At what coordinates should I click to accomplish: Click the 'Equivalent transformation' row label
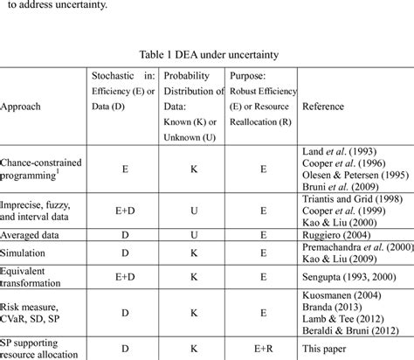click(32, 279)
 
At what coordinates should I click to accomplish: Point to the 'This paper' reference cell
click(324, 348)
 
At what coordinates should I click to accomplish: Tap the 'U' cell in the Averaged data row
click(193, 234)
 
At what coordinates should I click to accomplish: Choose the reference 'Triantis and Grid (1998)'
click(350, 199)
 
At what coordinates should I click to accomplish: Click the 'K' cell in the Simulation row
click(193, 253)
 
